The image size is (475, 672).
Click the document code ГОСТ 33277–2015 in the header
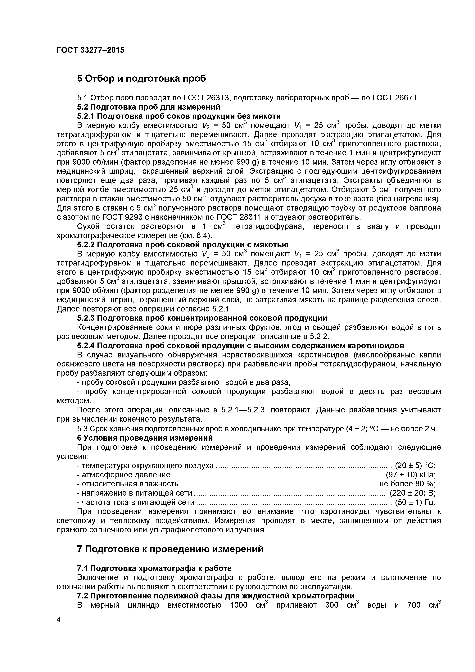pos(90,50)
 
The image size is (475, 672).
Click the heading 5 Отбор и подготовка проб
pos(141,78)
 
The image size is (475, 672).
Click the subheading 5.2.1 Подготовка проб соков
pos(179,116)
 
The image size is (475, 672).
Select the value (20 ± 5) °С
pos(415,465)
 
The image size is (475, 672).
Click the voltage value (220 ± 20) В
pos(412,493)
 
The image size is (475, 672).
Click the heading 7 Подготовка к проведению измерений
pos(170,549)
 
